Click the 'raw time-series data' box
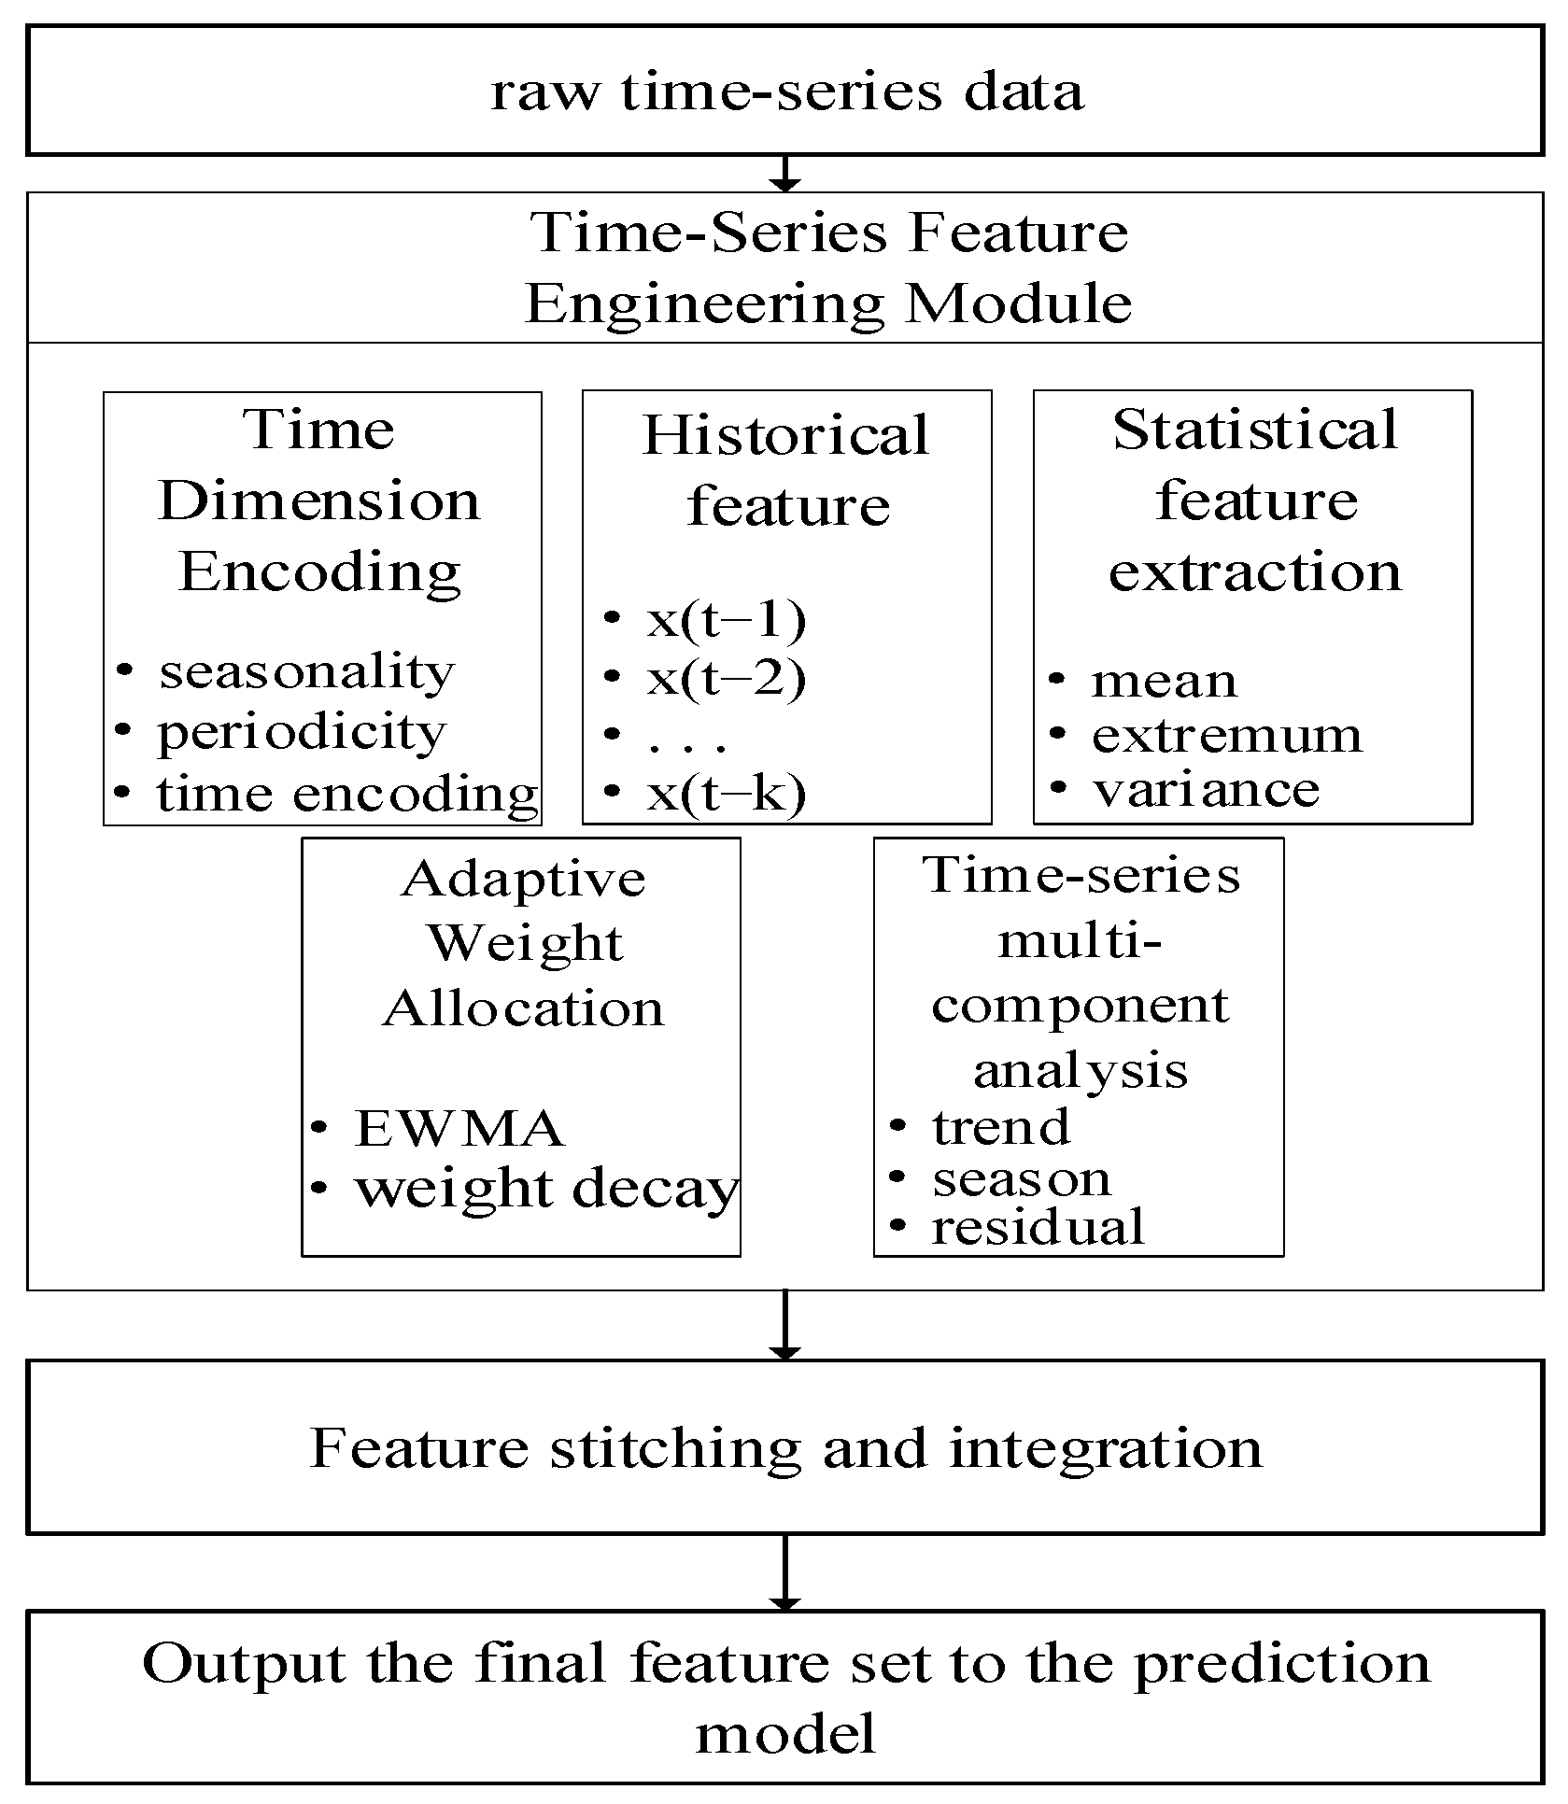[784, 91]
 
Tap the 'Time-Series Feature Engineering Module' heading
[829, 267]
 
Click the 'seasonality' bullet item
[305, 671]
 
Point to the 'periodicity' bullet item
[301, 733]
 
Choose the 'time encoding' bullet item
[346, 795]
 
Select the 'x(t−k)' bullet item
[726, 794]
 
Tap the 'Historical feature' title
[786, 470]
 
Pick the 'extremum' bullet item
[1226, 736]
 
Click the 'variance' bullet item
[1206, 790]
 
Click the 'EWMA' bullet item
[459, 1128]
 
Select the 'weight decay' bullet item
[545, 1189]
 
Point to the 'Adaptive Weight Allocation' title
[523, 943]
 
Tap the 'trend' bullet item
[1001, 1127]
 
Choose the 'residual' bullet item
[1037, 1227]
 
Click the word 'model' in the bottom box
[784, 1735]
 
